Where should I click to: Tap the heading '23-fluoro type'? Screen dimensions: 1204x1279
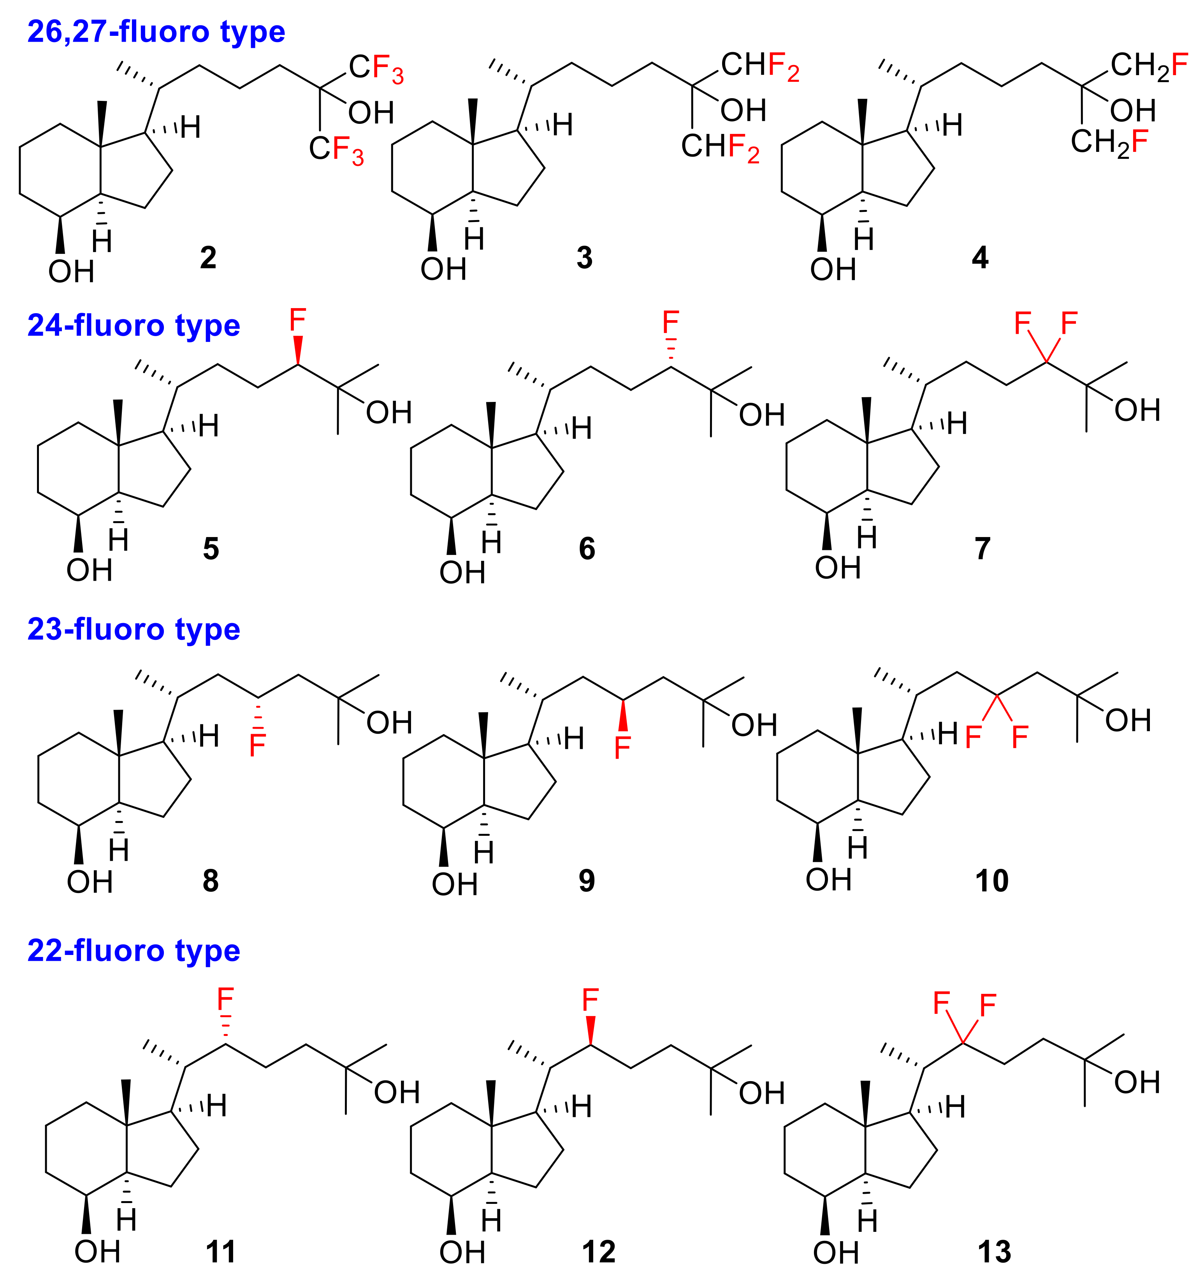tap(134, 629)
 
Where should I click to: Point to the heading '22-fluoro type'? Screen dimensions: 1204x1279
tap(134, 951)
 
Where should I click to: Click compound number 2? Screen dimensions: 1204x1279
tap(208, 258)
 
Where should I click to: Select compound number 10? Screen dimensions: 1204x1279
tap(992, 881)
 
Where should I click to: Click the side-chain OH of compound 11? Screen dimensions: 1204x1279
tap(397, 1092)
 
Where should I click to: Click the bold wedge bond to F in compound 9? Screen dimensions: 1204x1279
tap(622, 715)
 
